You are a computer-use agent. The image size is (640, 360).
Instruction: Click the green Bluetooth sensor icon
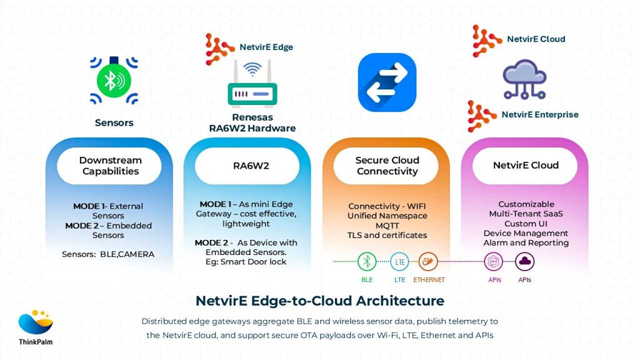(114, 80)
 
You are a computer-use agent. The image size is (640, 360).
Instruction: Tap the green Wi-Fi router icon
(252, 84)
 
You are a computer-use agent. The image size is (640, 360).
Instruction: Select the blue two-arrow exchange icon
(387, 82)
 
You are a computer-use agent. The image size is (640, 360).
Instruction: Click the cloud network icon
(525, 80)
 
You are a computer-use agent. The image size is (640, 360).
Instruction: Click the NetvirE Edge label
(266, 47)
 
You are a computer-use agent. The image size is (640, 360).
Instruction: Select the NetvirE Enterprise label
(539, 114)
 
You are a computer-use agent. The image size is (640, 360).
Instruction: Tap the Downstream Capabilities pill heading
(110, 166)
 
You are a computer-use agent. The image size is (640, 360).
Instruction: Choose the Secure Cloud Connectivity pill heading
(387, 166)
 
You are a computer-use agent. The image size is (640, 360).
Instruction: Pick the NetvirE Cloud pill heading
(525, 166)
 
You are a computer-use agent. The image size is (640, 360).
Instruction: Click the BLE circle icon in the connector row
(367, 261)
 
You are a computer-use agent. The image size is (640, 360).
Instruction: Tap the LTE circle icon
(399, 261)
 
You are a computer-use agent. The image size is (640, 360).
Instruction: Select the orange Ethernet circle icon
(428, 261)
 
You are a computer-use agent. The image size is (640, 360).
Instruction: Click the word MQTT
(387, 226)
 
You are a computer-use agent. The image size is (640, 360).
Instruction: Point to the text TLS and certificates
(387, 236)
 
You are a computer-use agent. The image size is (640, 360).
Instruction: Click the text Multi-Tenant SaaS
(526, 214)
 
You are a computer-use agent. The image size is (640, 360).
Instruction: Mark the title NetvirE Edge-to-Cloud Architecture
(320, 301)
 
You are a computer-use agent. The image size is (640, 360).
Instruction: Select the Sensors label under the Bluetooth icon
(114, 122)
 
